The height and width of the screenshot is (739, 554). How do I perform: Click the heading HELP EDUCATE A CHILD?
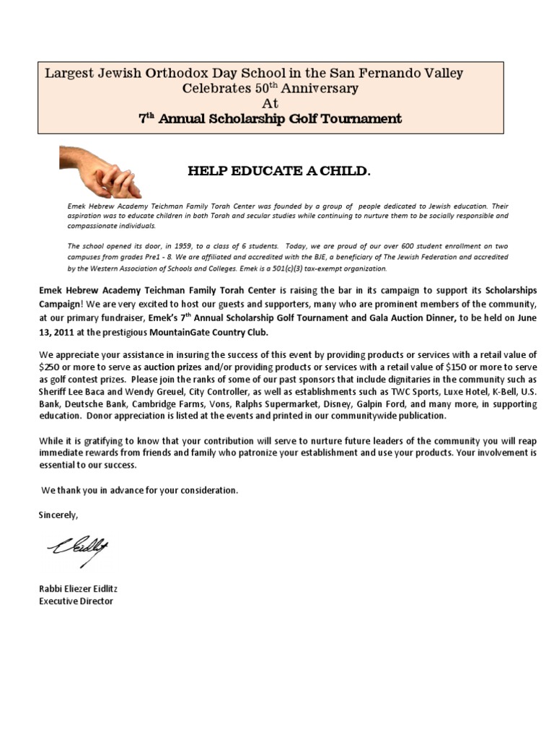click(279, 172)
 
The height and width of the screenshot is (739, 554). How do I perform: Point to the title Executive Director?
click(76, 600)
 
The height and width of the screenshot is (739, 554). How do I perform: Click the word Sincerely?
click(58, 515)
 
